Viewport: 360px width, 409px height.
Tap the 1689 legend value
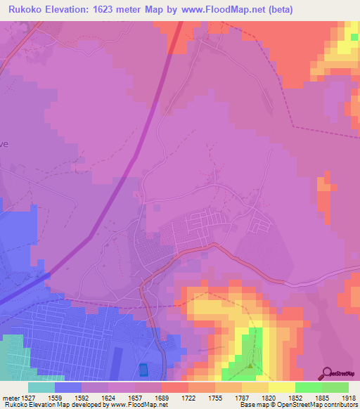162,397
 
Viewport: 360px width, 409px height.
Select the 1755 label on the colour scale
215,397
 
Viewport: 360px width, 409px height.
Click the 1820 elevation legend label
269,397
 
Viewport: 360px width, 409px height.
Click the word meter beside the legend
9,397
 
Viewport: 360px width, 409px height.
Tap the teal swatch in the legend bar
41,387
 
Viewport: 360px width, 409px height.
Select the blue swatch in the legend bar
68,387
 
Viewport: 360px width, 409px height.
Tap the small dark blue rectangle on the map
144,369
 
